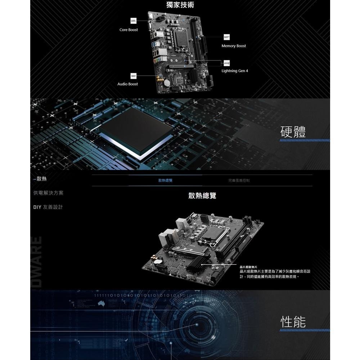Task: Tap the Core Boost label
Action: tap(129, 30)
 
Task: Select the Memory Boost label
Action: tap(234, 46)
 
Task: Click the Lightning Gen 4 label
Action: tap(235, 71)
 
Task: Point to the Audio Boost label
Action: tap(127, 84)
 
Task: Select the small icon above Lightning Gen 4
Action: tap(226, 63)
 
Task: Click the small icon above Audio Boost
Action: tap(134, 76)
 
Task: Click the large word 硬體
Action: tap(293, 132)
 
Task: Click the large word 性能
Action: tap(293, 321)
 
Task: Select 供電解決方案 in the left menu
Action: tap(48, 193)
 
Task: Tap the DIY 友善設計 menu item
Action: tap(48, 207)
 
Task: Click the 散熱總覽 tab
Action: tap(165, 180)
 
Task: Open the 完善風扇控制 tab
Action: tap(239, 180)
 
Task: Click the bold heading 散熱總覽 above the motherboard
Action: tap(202, 196)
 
